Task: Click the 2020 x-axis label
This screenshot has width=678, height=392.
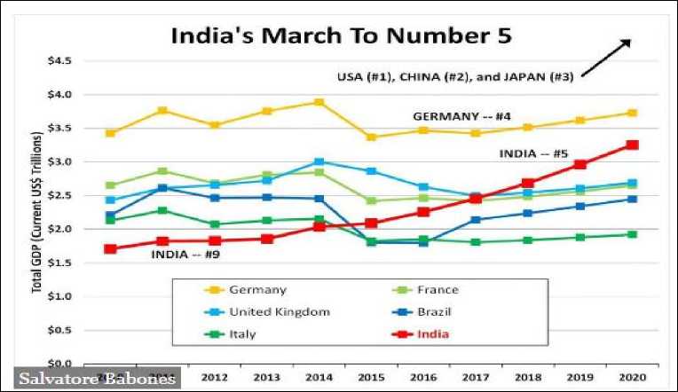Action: pyautogui.click(x=632, y=376)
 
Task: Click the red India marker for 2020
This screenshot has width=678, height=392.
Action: pyautogui.click(x=632, y=145)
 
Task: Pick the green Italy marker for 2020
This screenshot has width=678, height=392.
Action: pyautogui.click(x=632, y=234)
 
